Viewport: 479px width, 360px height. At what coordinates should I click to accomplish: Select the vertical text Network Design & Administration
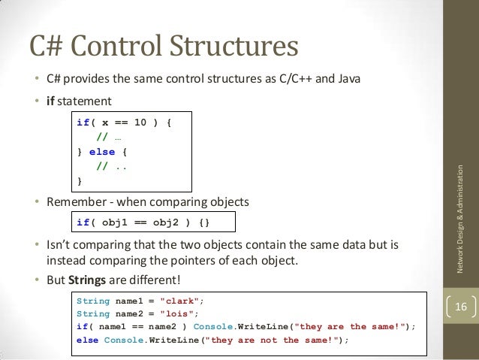pyautogui.click(x=460, y=218)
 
